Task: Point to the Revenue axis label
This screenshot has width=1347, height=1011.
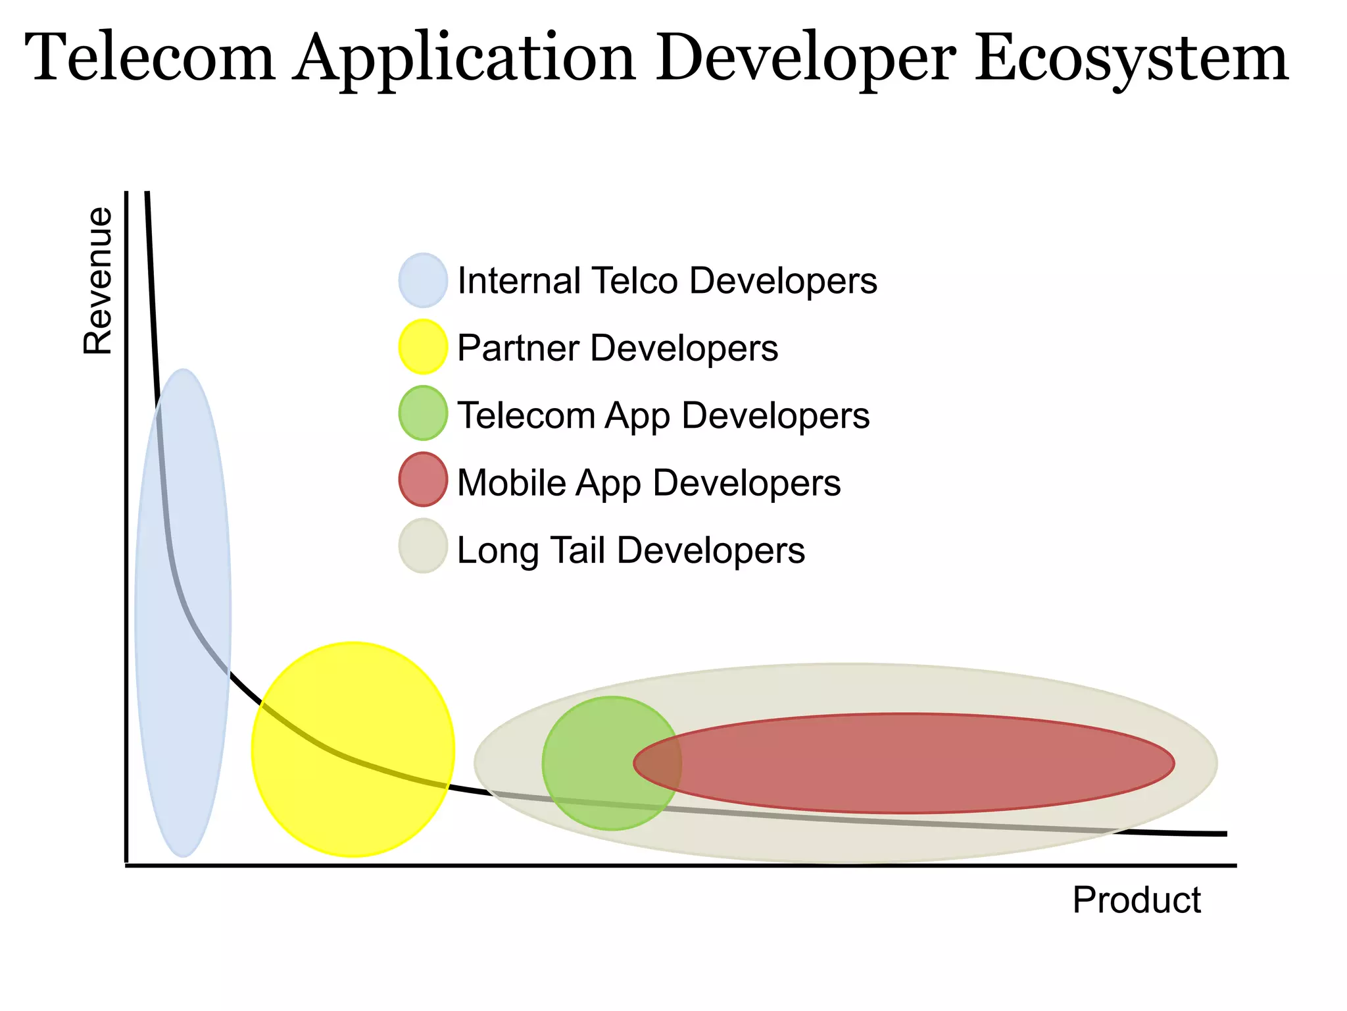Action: pos(98,281)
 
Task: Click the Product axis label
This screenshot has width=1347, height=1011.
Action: pos(1136,900)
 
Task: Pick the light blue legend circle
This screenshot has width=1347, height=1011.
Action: pos(423,280)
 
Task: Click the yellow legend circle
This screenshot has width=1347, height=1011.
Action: pos(423,347)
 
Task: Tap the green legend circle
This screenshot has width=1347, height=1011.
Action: pos(423,413)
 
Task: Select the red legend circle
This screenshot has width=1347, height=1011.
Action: pos(423,480)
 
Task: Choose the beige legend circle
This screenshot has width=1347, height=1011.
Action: pos(423,546)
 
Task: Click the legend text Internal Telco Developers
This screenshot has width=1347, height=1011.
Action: pos(667,280)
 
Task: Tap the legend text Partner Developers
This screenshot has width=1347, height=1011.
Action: pos(617,348)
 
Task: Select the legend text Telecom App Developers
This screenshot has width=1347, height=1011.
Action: pos(663,416)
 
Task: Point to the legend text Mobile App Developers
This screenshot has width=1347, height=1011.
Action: pos(649,482)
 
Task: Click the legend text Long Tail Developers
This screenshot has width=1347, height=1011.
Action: pos(631,550)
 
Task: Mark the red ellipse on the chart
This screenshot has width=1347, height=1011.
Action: pos(921,764)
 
